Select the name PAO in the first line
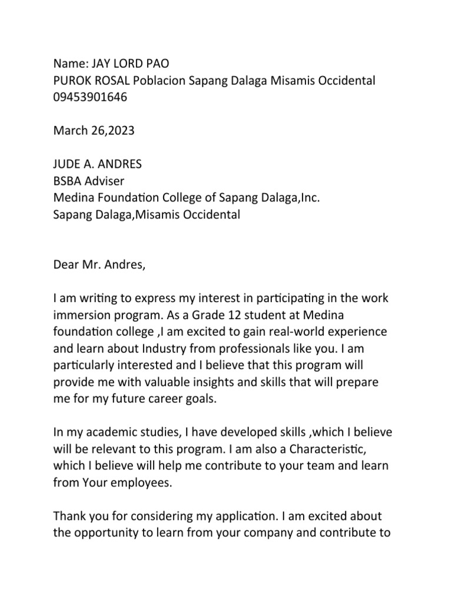click(x=163, y=64)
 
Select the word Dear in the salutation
click(x=66, y=264)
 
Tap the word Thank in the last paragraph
click(x=69, y=516)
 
